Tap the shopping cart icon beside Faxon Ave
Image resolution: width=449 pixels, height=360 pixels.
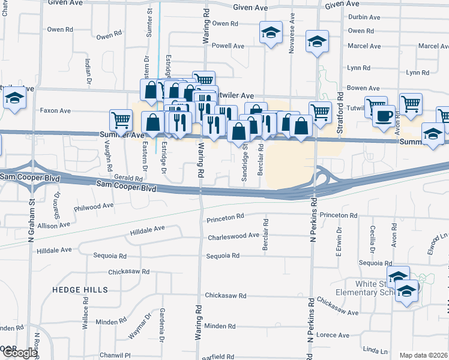tap(121, 119)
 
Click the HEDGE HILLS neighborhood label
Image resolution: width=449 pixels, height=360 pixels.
tap(80, 290)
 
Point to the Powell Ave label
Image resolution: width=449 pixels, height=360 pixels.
tap(228, 46)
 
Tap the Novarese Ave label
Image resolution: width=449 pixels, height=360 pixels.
tap(291, 38)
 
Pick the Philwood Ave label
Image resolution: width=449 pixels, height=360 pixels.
tap(94, 206)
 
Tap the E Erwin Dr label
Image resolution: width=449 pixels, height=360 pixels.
tap(339, 242)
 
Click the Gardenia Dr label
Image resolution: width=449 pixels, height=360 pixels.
tap(162, 323)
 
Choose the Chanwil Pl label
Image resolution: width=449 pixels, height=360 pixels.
tap(115, 355)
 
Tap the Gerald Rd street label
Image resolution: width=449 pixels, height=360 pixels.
tap(128, 178)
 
